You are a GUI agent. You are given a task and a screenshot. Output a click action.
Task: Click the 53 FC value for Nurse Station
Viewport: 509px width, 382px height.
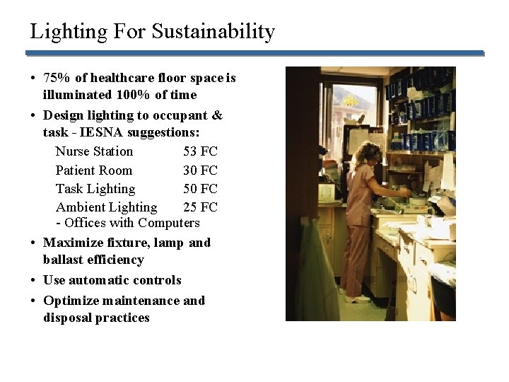point(200,151)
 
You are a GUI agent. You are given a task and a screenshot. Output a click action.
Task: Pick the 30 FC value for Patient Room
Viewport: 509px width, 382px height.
point(200,170)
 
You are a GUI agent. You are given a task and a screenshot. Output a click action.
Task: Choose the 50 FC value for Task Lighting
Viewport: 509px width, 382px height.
point(200,189)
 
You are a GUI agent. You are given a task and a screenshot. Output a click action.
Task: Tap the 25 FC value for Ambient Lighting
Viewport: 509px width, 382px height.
point(200,207)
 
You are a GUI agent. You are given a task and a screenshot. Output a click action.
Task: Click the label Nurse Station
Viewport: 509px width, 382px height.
point(94,151)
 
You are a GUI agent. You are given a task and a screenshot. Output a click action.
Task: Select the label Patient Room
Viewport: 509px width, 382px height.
point(93,170)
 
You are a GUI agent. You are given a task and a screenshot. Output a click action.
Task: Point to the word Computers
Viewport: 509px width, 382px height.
point(169,223)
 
